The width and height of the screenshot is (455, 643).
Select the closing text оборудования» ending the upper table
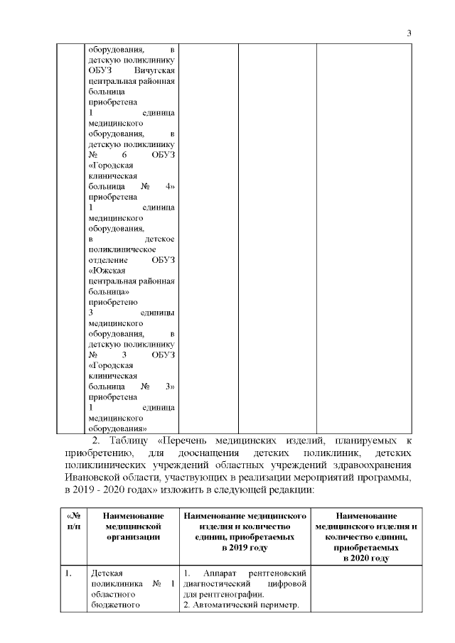117,428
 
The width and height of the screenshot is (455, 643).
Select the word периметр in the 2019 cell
283,605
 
